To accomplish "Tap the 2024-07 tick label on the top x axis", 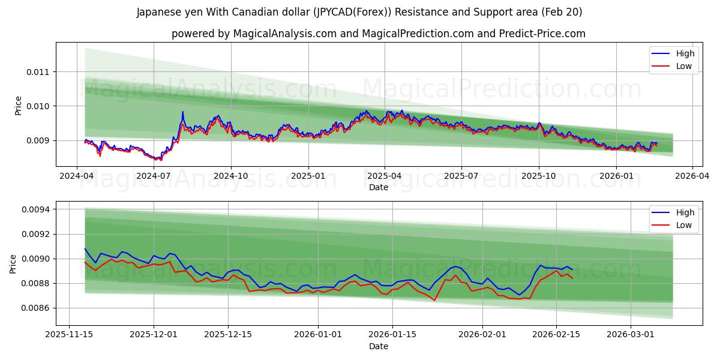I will (x=154, y=176).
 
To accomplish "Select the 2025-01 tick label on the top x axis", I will (x=308, y=176).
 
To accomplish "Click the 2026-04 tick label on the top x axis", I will (x=692, y=176).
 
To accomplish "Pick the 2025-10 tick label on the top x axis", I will (x=538, y=176).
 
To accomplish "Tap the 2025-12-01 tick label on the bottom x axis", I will (x=154, y=335).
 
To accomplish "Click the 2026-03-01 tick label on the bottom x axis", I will (x=631, y=335).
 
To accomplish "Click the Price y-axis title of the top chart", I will (x=18, y=106).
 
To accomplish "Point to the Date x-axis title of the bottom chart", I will (x=378, y=346).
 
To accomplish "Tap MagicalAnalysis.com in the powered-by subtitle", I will (x=287, y=34).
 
